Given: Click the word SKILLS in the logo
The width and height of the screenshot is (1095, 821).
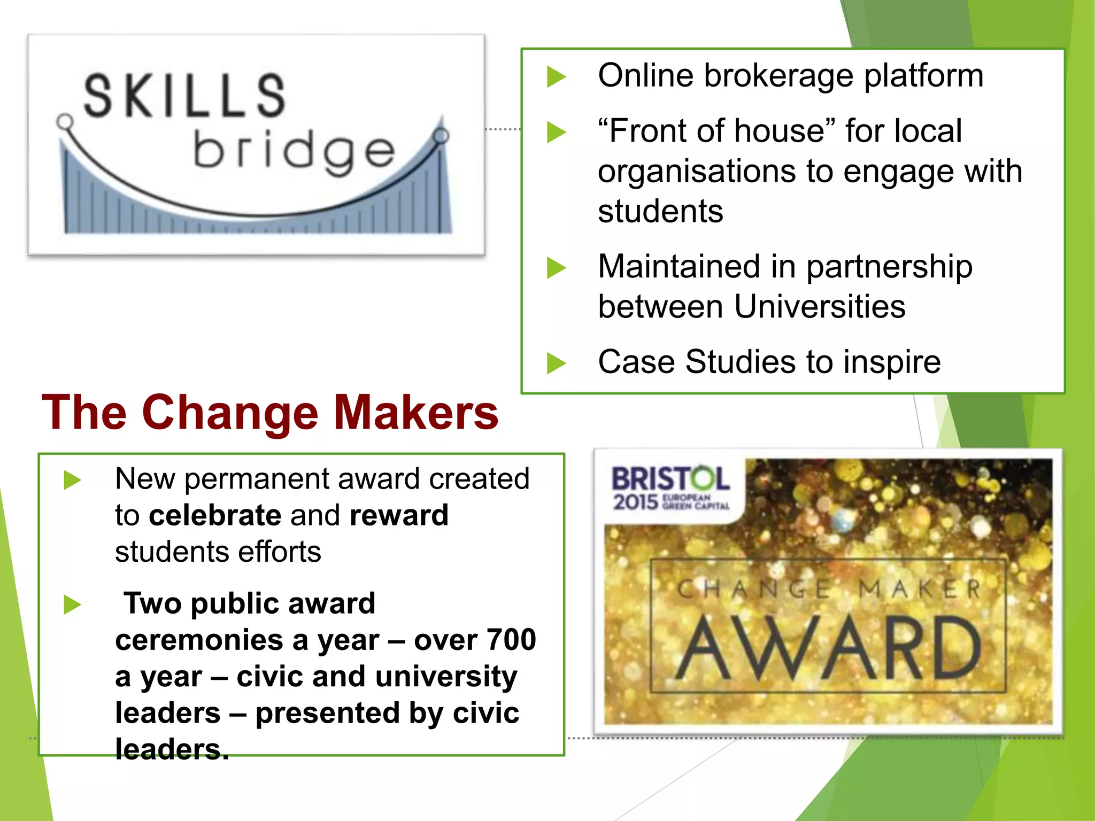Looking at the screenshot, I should (x=184, y=96).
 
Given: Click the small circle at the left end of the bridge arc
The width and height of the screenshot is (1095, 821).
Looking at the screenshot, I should (x=65, y=122).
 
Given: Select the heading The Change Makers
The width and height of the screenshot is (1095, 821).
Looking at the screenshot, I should (x=270, y=412).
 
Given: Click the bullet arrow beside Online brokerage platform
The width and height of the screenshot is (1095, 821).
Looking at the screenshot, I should (x=556, y=76).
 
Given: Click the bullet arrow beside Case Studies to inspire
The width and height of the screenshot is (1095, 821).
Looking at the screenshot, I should (x=556, y=363).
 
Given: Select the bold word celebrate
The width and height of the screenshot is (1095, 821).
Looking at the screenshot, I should (x=215, y=515).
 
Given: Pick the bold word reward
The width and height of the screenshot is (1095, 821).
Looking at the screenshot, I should (x=399, y=515).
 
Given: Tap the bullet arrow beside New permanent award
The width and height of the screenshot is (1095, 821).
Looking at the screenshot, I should (x=72, y=479).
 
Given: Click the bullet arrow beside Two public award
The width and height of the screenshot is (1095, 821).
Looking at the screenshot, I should (x=72, y=605).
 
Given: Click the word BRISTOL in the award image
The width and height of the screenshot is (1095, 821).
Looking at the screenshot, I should (x=670, y=479).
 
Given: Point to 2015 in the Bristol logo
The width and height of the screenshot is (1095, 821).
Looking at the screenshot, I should (x=635, y=502).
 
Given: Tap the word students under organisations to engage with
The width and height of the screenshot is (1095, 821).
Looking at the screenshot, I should (x=660, y=212).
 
